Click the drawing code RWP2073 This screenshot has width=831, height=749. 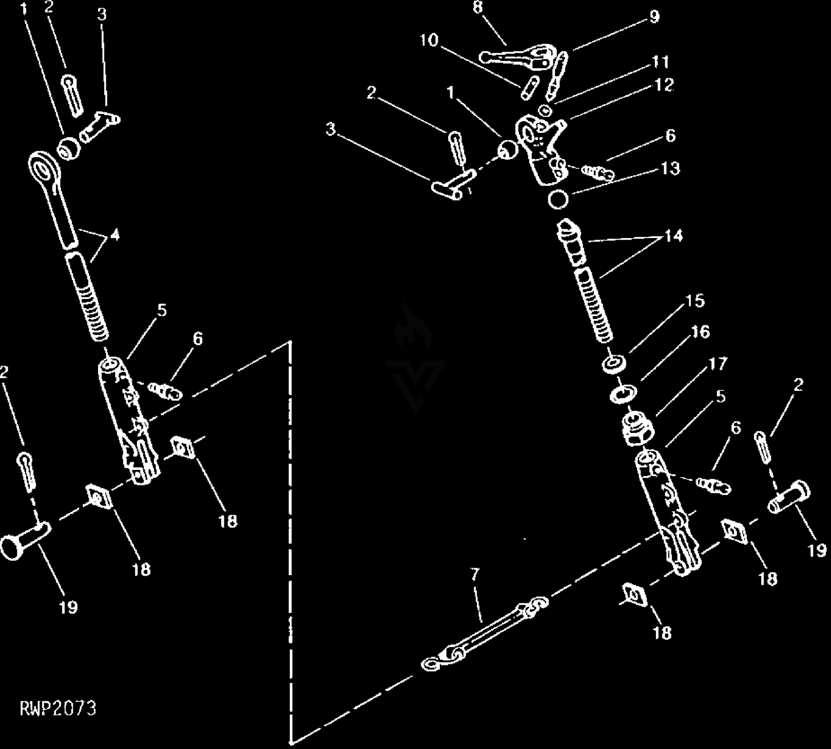58,709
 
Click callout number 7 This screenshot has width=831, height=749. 475,574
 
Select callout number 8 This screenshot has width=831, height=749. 478,7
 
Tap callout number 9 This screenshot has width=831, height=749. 654,17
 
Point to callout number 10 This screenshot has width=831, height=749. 429,40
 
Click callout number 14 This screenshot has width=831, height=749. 674,236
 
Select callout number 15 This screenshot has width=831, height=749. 695,301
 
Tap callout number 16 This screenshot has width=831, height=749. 700,332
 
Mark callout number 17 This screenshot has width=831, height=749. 718,364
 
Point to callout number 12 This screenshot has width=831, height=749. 664,85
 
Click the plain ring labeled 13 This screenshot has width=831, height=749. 558,200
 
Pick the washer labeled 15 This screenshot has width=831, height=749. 613,364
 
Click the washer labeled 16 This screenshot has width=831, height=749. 623,392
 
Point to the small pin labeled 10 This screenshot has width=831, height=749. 530,88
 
